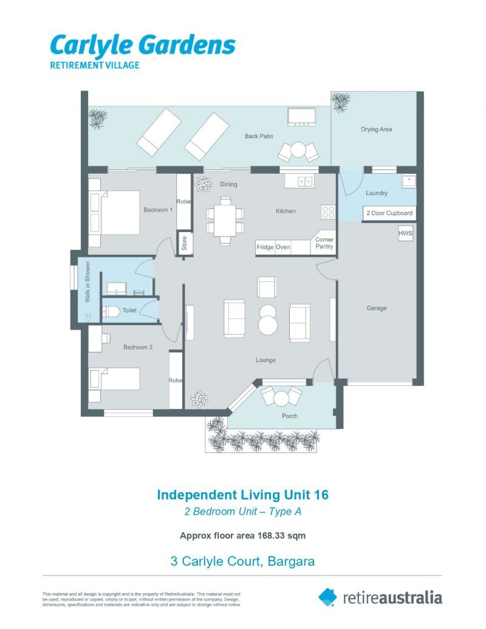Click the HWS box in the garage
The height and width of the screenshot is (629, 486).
click(405, 233)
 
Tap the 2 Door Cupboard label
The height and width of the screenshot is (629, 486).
click(389, 213)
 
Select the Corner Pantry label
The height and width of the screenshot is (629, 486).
click(324, 242)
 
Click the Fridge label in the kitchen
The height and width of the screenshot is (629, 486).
click(265, 247)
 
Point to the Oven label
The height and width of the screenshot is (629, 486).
click(282, 247)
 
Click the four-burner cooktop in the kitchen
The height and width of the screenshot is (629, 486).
click(328, 212)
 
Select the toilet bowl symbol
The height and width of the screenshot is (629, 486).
click(111, 311)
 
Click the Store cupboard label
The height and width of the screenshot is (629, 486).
click(185, 243)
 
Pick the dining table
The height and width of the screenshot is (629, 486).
click(225, 221)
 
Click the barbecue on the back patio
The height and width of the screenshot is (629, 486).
click(301, 117)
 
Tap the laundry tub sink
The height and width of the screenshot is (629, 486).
click(409, 181)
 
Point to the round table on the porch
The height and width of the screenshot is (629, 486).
click(281, 398)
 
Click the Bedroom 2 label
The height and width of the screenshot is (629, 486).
click(138, 348)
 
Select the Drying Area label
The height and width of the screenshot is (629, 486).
click(376, 129)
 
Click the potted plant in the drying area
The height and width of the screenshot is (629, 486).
click(341, 102)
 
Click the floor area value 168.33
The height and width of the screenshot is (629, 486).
click(271, 535)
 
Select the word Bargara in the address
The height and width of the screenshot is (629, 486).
click(291, 561)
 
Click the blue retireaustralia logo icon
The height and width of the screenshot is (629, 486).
click(327, 597)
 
